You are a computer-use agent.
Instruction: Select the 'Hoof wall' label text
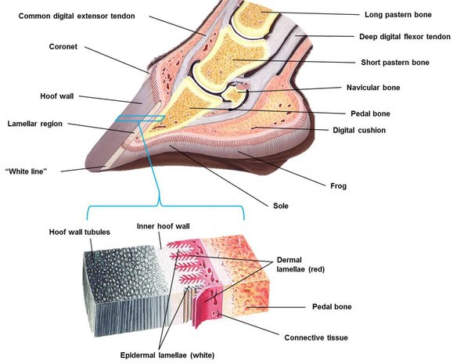pos(57,96)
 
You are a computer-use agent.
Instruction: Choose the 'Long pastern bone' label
pos(399,14)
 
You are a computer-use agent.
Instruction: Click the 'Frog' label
pos(338,186)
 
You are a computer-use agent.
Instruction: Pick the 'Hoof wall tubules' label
pos(79,232)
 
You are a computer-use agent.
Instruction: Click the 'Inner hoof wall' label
pos(164,227)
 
